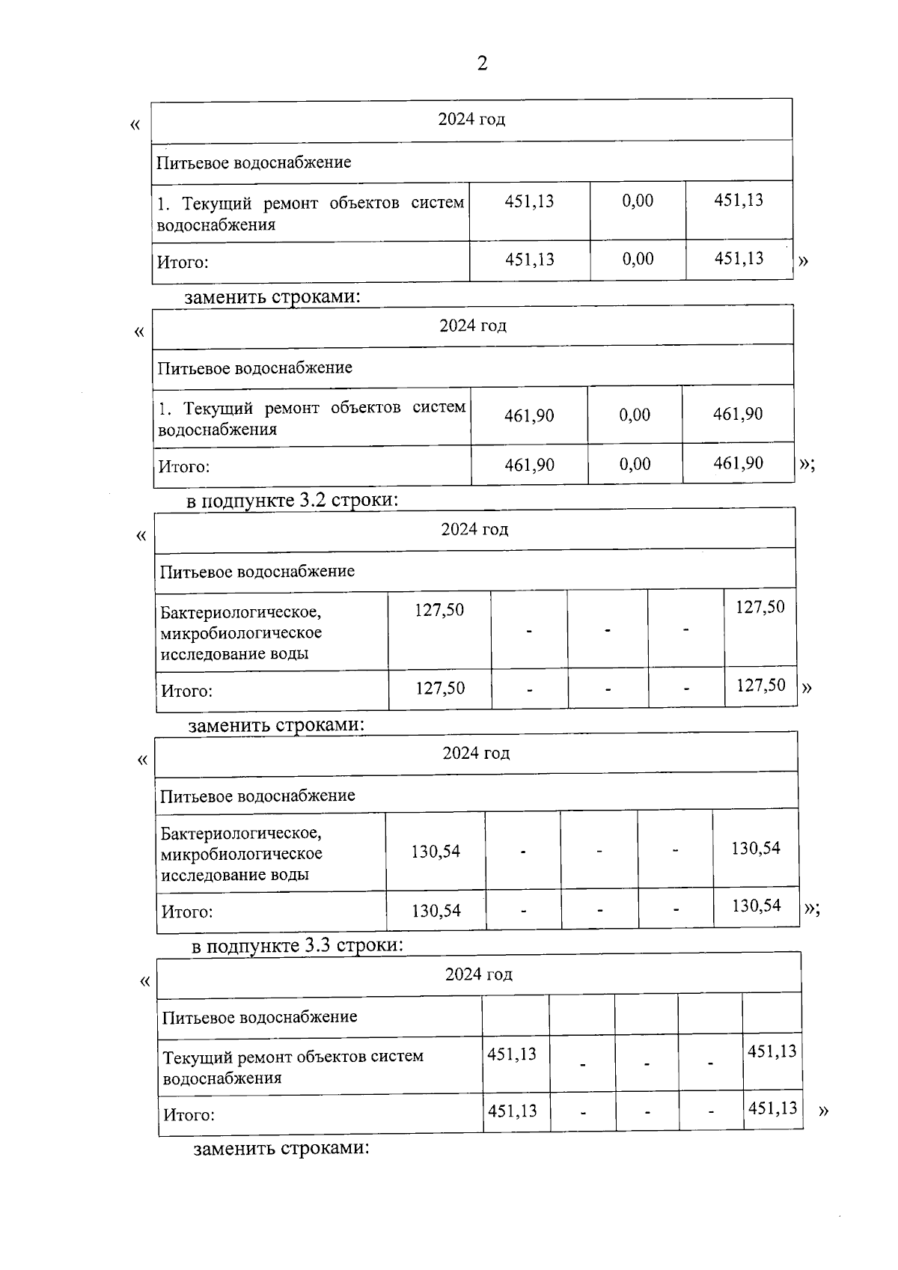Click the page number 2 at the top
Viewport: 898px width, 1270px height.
[x=482, y=63]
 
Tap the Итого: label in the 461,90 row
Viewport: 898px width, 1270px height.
[x=183, y=467]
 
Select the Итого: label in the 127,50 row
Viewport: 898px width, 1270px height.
[x=187, y=691]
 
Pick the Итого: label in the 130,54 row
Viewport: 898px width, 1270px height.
[x=187, y=912]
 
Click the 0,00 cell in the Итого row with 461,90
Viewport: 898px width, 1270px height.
[x=635, y=465]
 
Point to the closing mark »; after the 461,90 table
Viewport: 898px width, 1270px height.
[x=807, y=463]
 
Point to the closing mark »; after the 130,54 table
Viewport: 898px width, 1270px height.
[x=811, y=908]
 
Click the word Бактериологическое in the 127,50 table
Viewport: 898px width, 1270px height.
[x=240, y=612]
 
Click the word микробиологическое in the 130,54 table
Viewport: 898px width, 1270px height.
[x=242, y=854]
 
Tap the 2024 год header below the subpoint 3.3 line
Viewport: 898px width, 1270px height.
[x=479, y=974]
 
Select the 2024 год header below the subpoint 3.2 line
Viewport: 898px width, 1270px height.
[x=474, y=530]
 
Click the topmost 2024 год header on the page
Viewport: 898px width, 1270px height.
[x=471, y=120]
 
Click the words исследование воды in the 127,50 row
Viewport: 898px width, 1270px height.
[x=234, y=654]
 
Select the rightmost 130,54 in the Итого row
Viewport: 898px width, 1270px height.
[x=756, y=906]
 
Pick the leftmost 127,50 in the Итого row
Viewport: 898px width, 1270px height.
[x=440, y=689]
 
